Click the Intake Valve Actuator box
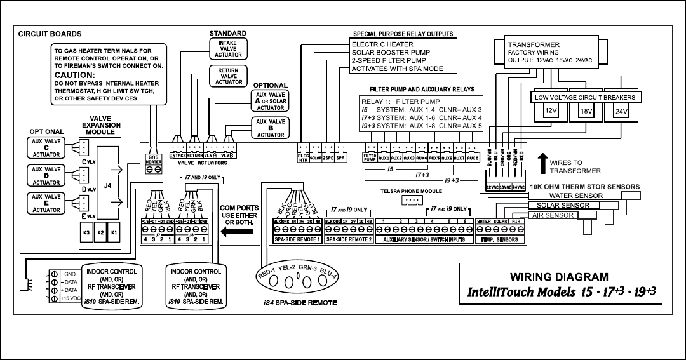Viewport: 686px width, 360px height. click(227, 47)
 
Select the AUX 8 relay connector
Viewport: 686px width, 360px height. click(472, 157)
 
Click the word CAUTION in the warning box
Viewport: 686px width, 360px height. click(78, 74)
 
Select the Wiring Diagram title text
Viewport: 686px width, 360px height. click(558, 277)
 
